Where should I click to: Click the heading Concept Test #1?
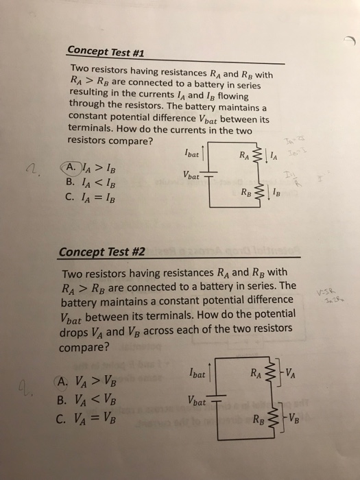tap(106, 52)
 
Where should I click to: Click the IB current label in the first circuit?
tap(276, 195)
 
